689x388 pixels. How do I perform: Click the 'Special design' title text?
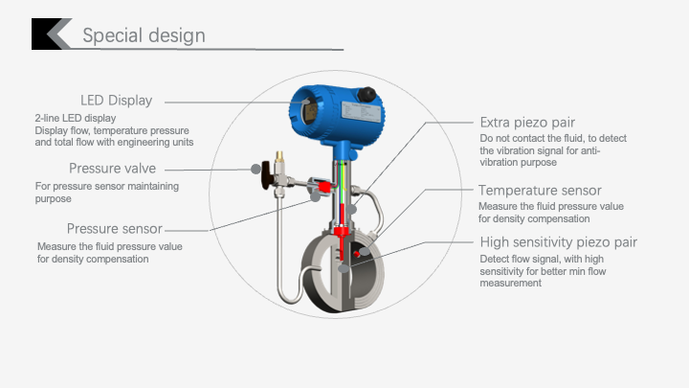coord(144,35)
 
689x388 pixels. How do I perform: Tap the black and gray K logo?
coord(52,34)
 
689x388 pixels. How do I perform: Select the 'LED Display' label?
coord(116,101)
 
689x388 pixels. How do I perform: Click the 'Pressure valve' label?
coord(113,169)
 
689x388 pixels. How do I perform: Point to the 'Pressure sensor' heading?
coord(114,229)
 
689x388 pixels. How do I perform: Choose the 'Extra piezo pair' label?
coord(527,123)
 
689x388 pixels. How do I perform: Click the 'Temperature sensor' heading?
coord(540,191)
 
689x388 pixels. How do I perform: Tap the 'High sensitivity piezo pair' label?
coord(558,242)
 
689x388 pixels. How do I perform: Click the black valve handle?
coord(266,174)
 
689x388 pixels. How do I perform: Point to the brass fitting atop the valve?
coord(279,156)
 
